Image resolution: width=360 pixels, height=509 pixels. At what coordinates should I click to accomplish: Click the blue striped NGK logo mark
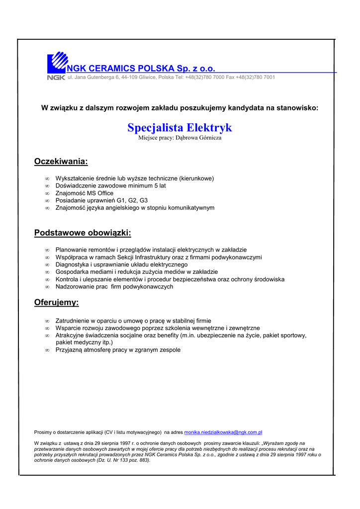pos(57,63)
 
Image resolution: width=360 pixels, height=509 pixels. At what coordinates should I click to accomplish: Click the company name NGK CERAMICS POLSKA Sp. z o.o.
pos(141,68)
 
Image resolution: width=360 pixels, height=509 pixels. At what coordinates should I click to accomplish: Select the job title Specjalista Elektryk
pos(180,128)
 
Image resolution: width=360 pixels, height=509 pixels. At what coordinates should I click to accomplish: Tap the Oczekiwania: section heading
pos(61,161)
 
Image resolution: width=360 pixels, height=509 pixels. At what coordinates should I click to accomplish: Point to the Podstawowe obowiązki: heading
pos(83,233)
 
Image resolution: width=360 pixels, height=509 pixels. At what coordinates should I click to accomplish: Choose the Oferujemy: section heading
pos(56,302)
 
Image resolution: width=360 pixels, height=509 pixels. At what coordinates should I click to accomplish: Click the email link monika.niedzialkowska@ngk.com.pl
pos(223,433)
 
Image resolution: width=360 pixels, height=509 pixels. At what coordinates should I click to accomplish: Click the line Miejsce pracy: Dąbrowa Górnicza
pos(180,138)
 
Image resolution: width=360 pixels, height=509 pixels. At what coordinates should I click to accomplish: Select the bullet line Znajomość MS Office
pos(85,193)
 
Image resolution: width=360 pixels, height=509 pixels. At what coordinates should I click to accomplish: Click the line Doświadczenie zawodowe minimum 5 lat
pos(110,186)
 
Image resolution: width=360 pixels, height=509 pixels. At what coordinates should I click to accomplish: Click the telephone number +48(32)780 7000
pos(205,78)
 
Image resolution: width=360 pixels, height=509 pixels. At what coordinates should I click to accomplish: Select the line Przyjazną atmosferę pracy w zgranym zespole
pos(118,350)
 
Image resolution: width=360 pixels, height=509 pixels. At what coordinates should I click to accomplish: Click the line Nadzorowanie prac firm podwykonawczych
pos(114,287)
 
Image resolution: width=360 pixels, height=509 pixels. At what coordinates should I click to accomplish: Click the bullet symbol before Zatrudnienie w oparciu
pos(47,322)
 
